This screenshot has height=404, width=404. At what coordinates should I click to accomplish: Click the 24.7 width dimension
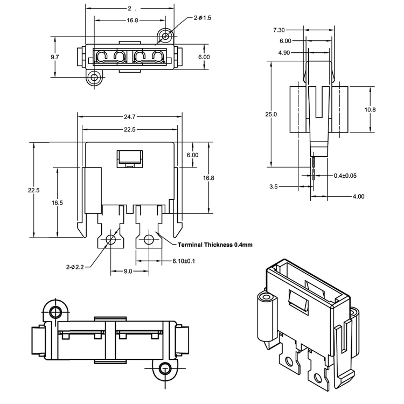[x=128, y=117]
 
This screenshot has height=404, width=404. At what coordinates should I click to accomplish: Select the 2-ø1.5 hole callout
[x=202, y=18]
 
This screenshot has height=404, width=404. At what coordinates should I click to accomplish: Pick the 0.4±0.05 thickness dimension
[x=345, y=176]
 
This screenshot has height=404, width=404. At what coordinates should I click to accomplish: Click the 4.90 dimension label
[x=285, y=52]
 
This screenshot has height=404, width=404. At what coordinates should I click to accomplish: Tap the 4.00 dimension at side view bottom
[x=358, y=197]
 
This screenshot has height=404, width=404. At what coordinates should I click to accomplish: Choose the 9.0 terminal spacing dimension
[x=128, y=271]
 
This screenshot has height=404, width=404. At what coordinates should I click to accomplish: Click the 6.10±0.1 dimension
[x=184, y=261]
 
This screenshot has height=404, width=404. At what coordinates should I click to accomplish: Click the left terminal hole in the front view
[x=112, y=239]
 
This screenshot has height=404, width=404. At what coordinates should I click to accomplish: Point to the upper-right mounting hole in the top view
[x=165, y=36]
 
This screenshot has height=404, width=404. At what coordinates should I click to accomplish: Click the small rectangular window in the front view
[x=129, y=158]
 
